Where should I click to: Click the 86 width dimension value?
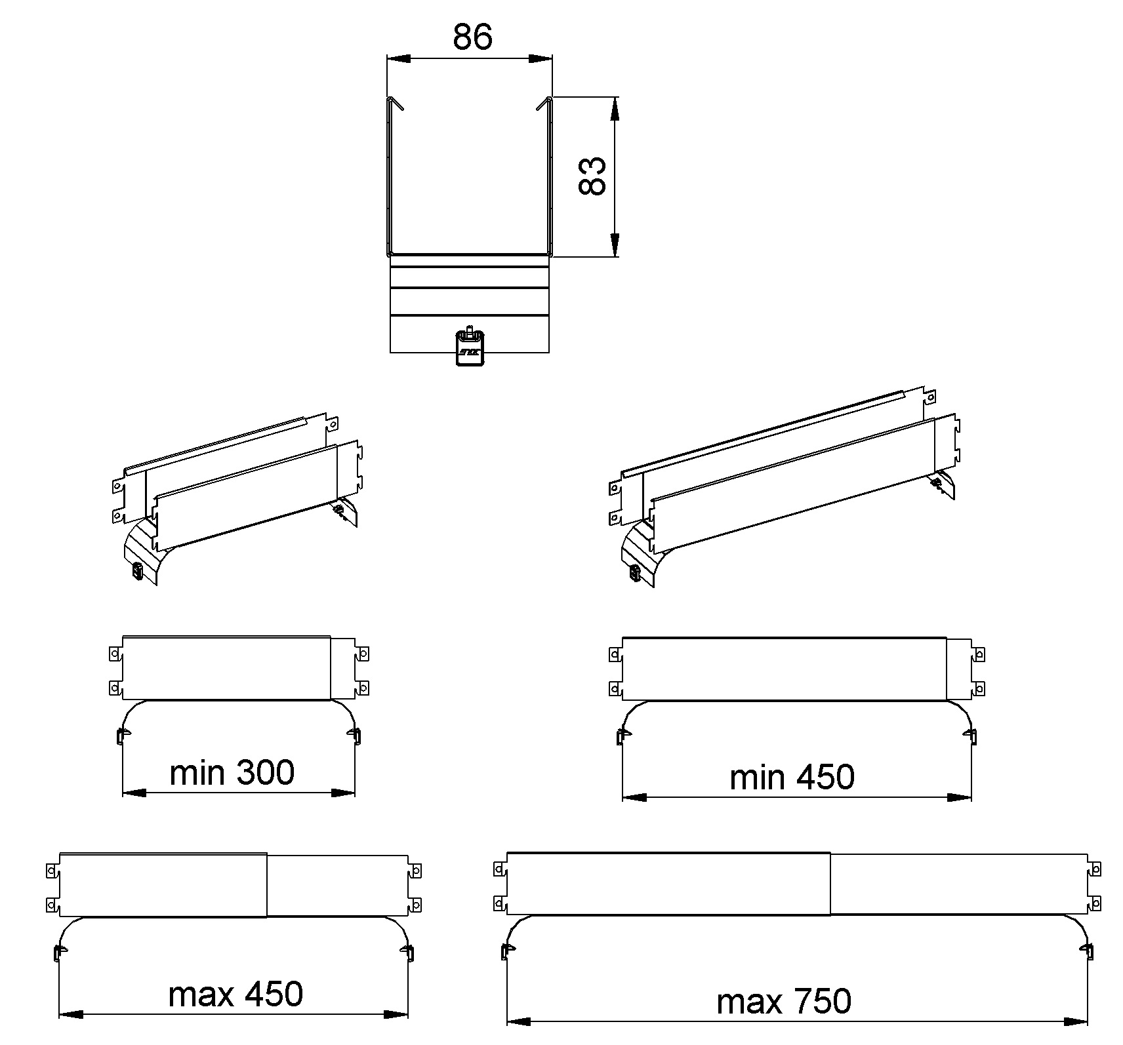tap(472, 37)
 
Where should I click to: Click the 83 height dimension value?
tap(592, 176)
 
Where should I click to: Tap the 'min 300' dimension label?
tap(232, 772)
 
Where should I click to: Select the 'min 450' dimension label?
tap(792, 777)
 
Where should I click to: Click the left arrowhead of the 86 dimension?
tap(398, 59)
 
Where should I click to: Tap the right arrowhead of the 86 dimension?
tap(541, 59)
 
